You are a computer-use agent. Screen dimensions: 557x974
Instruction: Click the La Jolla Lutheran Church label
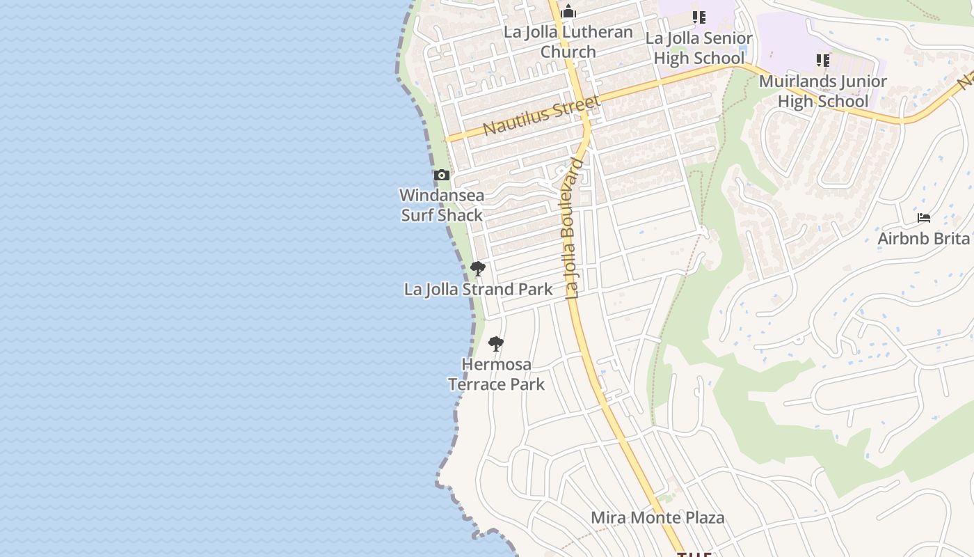point(568,42)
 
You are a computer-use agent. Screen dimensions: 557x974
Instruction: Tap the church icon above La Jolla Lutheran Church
point(568,12)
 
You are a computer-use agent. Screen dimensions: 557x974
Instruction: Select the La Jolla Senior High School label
point(698,48)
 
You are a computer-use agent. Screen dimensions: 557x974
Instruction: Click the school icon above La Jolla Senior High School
point(698,17)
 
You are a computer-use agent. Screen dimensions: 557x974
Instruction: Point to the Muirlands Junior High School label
point(822,91)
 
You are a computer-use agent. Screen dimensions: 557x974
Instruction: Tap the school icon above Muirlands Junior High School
point(823,61)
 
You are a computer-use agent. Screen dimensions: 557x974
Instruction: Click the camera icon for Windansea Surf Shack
point(442,175)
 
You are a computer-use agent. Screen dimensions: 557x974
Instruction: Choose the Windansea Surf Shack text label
point(442,205)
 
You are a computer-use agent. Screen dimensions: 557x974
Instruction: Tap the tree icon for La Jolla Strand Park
point(477,268)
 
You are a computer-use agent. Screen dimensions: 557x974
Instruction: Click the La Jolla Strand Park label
point(478,289)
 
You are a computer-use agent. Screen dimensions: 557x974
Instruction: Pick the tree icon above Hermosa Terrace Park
point(495,343)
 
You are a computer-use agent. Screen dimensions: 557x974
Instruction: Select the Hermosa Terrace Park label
point(496,374)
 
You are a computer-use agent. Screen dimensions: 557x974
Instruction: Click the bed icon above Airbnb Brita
point(924,219)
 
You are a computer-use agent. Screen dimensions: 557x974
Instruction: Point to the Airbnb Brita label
point(923,239)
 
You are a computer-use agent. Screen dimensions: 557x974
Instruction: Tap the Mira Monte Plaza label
point(657,518)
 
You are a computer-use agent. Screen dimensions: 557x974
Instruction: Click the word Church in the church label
point(568,52)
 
